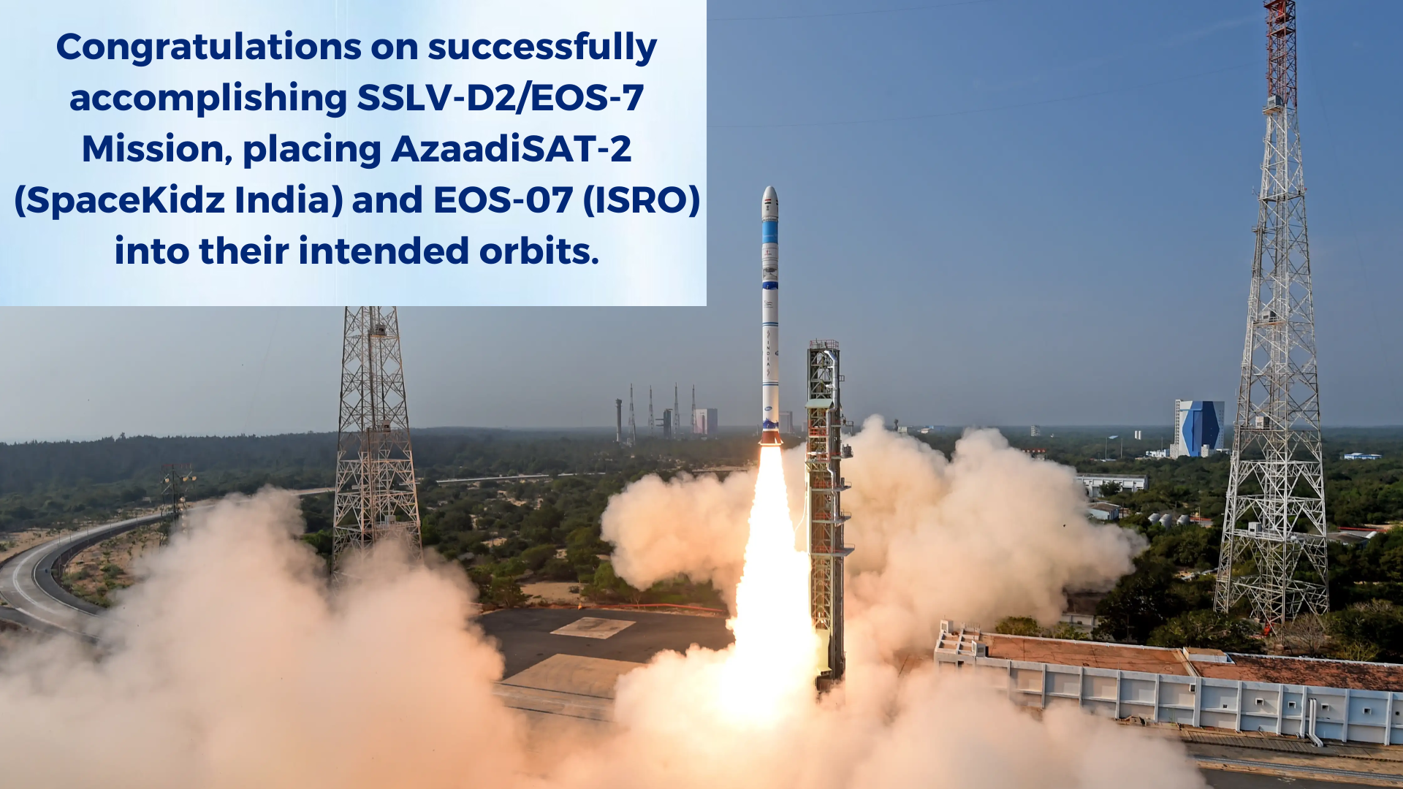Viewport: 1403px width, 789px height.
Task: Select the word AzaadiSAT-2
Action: click(x=511, y=149)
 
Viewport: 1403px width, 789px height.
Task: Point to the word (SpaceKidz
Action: click(x=119, y=201)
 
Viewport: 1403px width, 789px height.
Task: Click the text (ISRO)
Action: click(x=641, y=201)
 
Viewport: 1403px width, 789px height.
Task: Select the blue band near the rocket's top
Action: click(x=770, y=232)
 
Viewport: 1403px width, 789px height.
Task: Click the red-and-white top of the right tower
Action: click(x=1280, y=51)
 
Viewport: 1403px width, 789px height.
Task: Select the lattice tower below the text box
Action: click(x=375, y=438)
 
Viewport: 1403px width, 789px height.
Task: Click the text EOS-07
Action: click(x=503, y=201)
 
